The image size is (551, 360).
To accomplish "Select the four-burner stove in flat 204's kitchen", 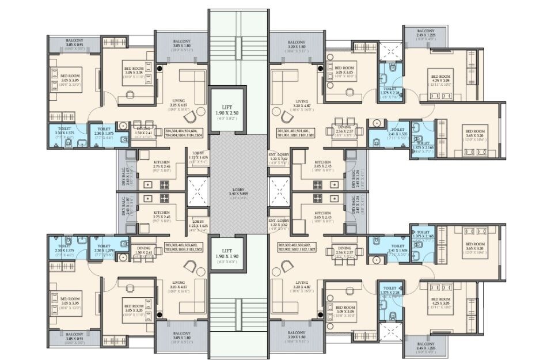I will (x=163, y=184).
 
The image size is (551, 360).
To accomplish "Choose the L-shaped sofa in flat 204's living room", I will (x=193, y=81).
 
